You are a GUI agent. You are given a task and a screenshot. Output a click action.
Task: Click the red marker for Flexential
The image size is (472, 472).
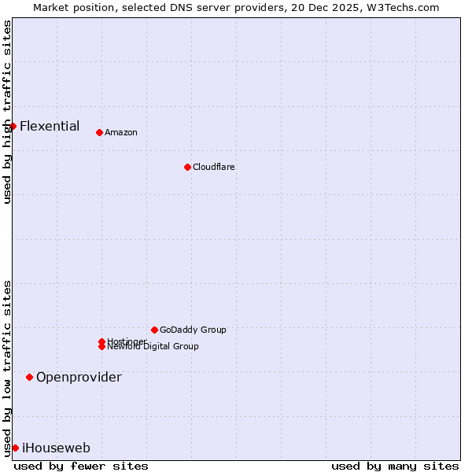click(x=13, y=126)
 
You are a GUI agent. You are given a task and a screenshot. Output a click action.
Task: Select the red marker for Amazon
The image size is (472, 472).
click(x=99, y=132)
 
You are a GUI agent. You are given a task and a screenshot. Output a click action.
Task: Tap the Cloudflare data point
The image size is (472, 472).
click(x=187, y=167)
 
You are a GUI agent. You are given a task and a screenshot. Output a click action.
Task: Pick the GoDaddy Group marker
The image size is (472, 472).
click(x=154, y=330)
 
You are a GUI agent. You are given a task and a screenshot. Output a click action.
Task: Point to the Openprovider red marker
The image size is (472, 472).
click(x=29, y=377)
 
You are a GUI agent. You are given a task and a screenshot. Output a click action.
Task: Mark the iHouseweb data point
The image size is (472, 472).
click(x=15, y=448)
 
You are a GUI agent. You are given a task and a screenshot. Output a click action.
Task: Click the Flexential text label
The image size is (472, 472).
click(x=50, y=126)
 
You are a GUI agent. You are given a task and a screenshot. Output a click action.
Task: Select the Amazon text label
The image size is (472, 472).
click(x=120, y=132)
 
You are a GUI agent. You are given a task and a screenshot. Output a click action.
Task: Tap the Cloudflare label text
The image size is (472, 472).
click(x=213, y=167)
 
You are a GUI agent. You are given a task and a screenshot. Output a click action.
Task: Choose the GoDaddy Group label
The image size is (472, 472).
click(x=193, y=330)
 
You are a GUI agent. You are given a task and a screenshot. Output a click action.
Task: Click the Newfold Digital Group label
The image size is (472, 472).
click(x=153, y=347)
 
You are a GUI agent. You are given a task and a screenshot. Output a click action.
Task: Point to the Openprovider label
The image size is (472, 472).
click(x=79, y=377)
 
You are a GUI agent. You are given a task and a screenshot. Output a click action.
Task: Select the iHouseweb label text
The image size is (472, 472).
click(x=56, y=448)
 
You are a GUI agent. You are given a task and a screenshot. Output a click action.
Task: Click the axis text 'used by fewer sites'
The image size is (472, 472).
click(x=81, y=466)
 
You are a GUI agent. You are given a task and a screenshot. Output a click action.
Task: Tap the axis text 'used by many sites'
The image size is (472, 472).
click(x=395, y=466)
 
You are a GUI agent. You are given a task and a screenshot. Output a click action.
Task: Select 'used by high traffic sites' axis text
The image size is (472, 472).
click(x=7, y=112)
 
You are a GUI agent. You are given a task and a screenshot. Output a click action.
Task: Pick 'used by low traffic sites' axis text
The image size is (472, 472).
click(x=7, y=367)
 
